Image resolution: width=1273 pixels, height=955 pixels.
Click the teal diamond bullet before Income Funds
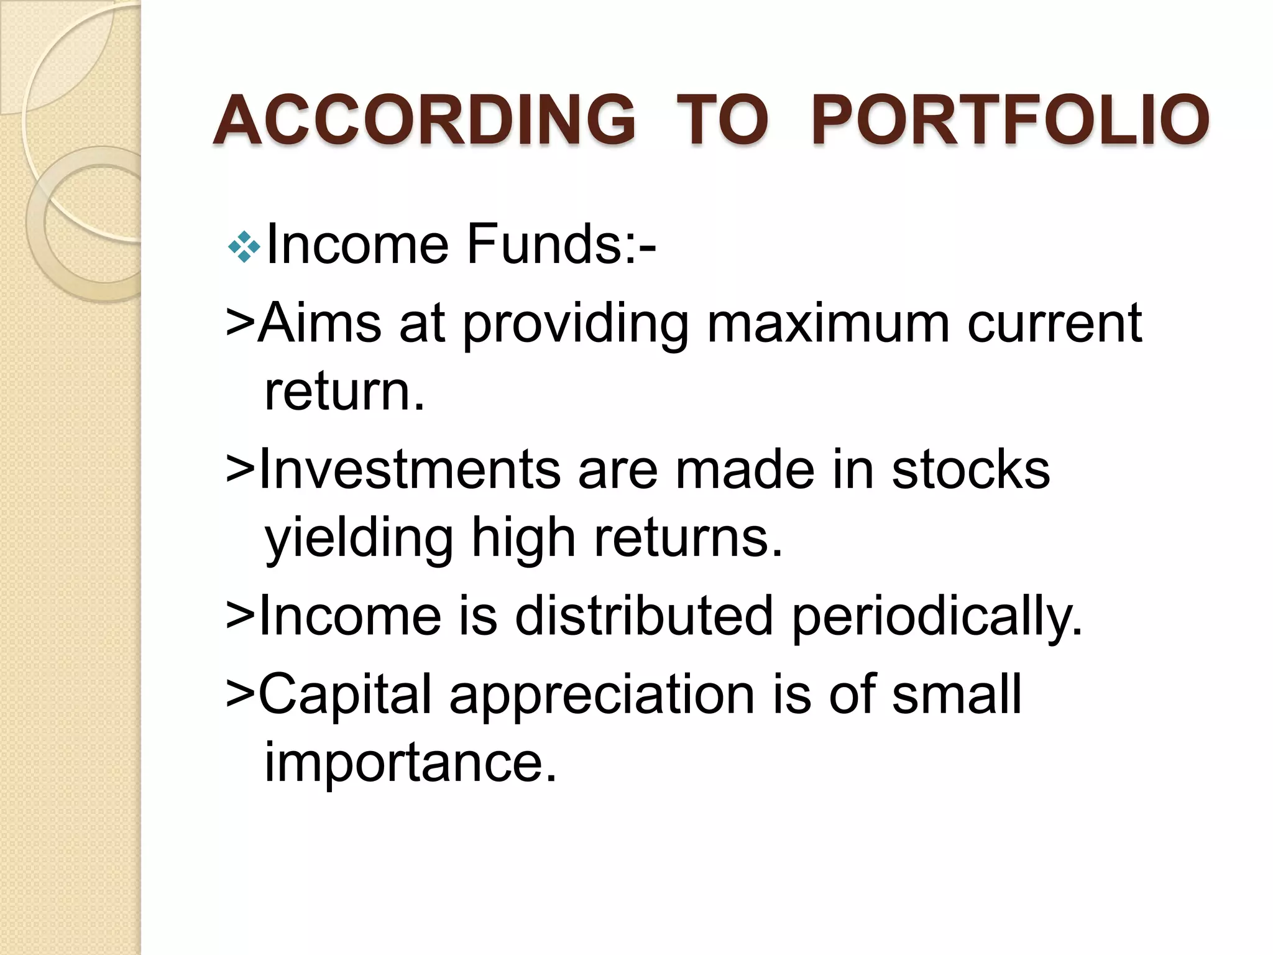coord(244,247)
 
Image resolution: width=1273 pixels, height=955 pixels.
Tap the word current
coord(1054,323)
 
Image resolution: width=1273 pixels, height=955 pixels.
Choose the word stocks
coord(971,469)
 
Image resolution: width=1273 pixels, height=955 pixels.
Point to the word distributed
coord(644,616)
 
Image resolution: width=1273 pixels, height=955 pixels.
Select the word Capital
coord(344,694)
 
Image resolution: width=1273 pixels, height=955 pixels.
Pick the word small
coord(957,694)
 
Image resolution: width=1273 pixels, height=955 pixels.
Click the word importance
coord(410,764)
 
